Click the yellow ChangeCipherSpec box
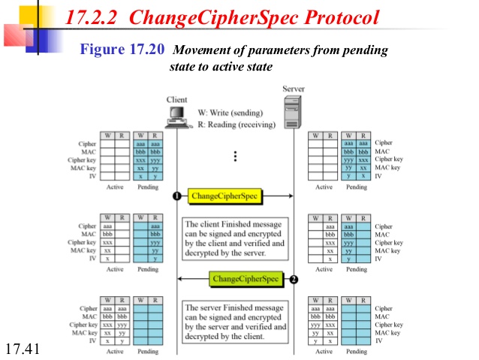click(224, 196)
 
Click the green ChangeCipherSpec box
click(246, 279)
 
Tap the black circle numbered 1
click(176, 196)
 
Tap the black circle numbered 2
click(294, 279)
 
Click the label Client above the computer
click(176, 100)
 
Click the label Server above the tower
click(293, 89)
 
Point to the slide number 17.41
click(21, 349)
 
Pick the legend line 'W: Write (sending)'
click(230, 113)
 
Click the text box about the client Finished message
click(234, 238)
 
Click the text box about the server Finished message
click(234, 322)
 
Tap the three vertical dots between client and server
click(235, 156)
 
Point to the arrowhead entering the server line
click(288, 196)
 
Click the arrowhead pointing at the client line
click(181, 279)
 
